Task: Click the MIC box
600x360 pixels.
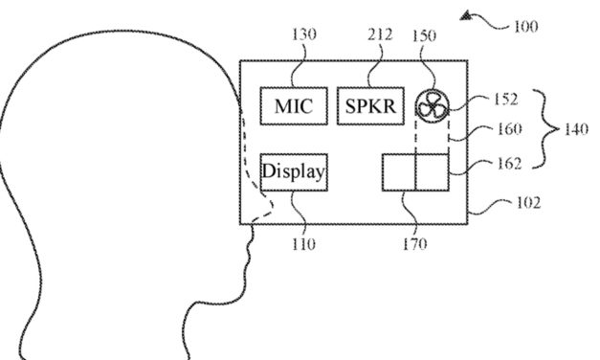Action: coord(293,105)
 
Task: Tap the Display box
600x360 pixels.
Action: coord(294,172)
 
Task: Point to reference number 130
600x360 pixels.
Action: coord(306,35)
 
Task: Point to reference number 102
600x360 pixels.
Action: coord(526,203)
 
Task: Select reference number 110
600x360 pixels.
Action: coord(303,243)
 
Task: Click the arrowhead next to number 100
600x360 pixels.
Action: coord(466,14)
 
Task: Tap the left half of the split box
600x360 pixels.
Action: coord(399,171)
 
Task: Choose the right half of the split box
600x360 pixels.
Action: coord(433,171)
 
